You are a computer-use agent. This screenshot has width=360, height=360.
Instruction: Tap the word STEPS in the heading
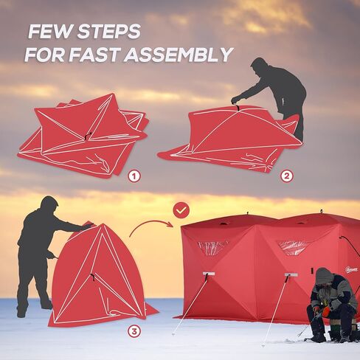pyautogui.click(x=108, y=32)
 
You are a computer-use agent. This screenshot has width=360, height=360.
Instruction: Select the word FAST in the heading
pyautogui.click(x=98, y=55)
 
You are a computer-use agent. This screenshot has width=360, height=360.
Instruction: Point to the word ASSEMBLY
pyautogui.click(x=181, y=55)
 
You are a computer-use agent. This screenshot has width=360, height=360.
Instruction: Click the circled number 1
pyautogui.click(x=134, y=176)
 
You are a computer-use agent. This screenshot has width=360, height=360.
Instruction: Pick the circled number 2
pyautogui.click(x=286, y=176)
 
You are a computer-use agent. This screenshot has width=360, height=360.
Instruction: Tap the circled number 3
pyautogui.click(x=134, y=331)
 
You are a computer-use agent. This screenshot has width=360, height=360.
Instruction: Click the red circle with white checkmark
pyautogui.click(x=180, y=212)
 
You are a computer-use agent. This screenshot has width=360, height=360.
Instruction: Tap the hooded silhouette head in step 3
pyautogui.click(x=49, y=205)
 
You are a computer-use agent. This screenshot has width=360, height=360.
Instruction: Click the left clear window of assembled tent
pyautogui.click(x=212, y=248)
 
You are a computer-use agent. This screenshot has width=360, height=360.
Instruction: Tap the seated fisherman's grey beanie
pyautogui.click(x=323, y=275)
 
